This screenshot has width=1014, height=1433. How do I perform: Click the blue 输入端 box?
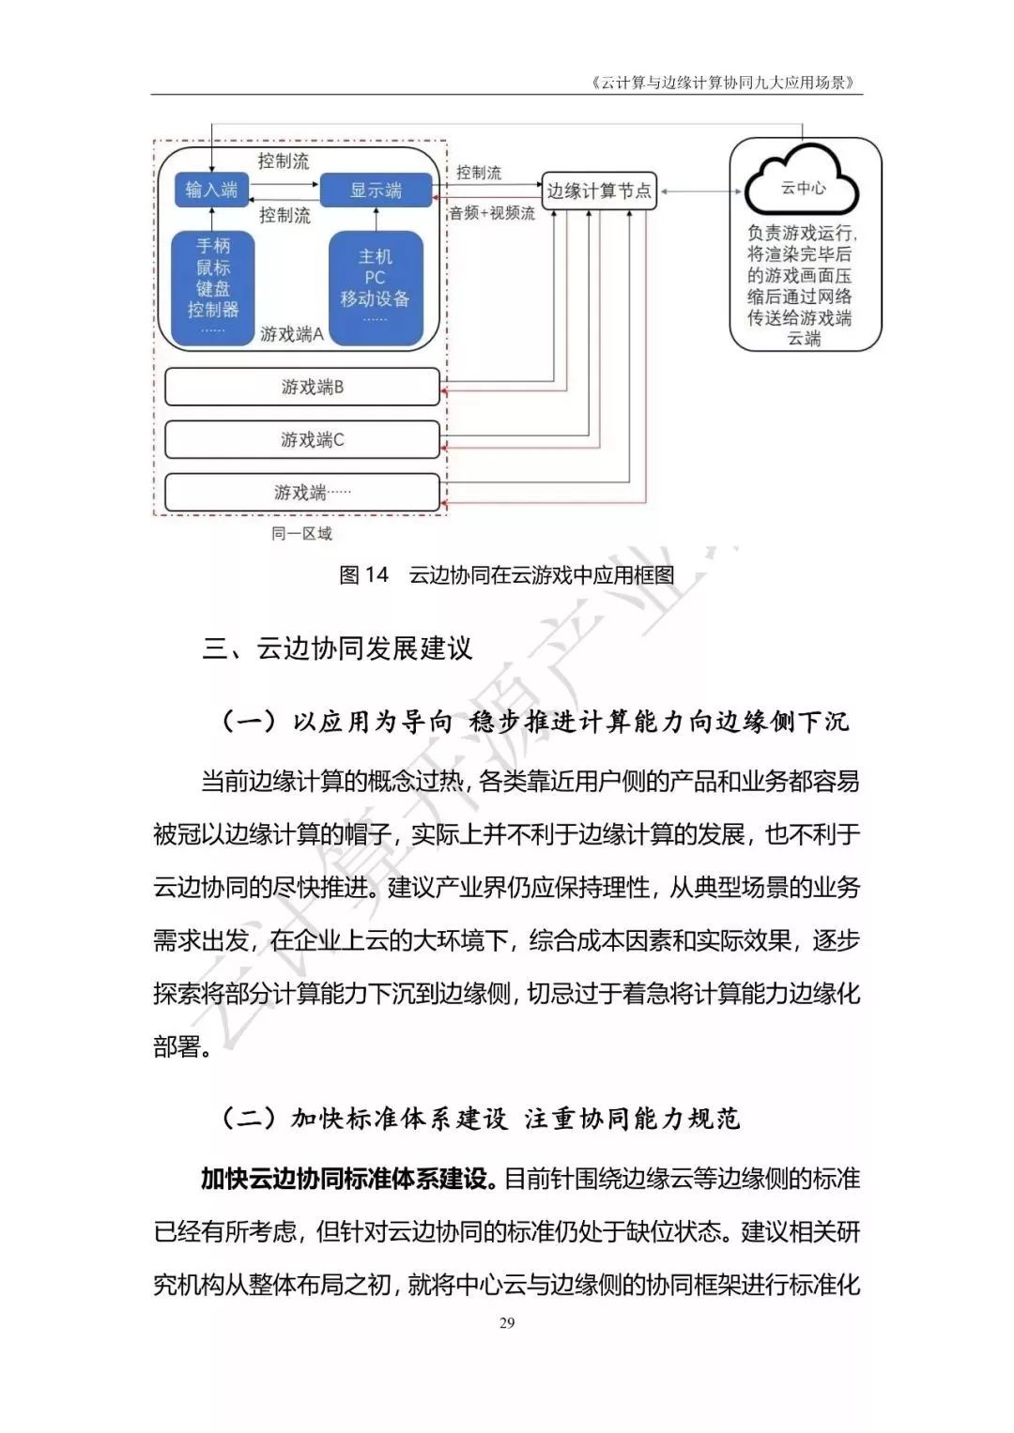coord(210,190)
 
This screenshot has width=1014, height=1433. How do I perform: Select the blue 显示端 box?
coord(376,190)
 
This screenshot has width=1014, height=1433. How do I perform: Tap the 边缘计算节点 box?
coord(599,191)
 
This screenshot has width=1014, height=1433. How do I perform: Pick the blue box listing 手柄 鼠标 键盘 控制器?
coord(213,287)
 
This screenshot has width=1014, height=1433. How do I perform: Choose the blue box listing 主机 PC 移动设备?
coord(375,287)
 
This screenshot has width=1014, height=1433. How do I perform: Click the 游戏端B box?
coord(302,387)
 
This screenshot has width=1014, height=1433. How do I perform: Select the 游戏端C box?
coord(302,439)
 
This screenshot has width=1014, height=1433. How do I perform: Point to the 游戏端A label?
coord(292,334)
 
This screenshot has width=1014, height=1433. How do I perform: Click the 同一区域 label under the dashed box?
coord(301,533)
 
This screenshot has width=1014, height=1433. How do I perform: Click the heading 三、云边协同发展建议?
coord(337,648)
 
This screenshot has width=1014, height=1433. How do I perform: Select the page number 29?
coord(507,1323)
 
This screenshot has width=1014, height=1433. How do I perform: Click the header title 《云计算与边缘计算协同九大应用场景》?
coord(724,83)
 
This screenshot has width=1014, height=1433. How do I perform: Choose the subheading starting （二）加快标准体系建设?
coord(481,1118)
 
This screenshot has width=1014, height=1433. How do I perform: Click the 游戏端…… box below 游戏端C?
coord(302,492)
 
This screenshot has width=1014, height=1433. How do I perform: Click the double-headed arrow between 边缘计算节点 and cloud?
coord(694,191)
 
